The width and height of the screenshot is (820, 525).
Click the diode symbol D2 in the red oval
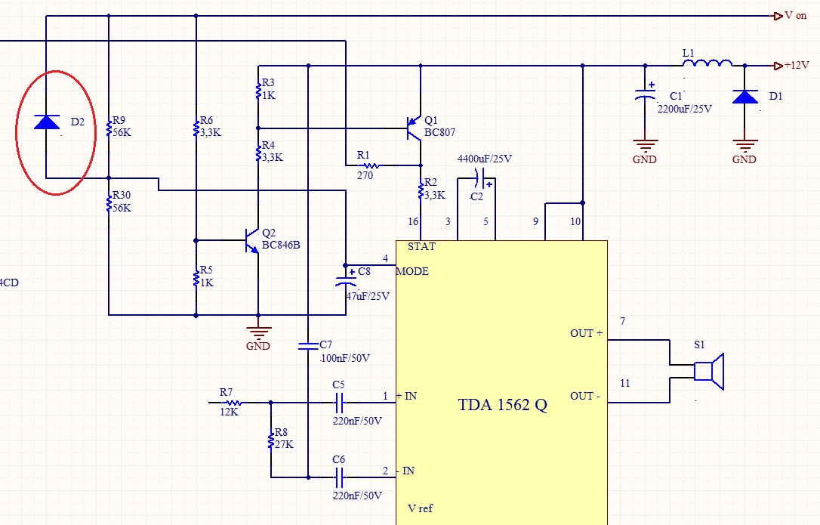point(47,122)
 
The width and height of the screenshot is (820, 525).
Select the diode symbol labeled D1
point(745,97)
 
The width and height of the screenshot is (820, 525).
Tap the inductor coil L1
point(707,63)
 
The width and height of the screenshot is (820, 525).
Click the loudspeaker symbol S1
point(709,372)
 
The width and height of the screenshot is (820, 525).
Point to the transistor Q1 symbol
point(415,128)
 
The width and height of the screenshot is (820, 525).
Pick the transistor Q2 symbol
point(252,241)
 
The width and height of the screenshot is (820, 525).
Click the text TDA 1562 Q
point(503,405)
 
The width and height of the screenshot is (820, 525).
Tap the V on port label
point(795,16)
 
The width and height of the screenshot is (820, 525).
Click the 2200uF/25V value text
point(685,109)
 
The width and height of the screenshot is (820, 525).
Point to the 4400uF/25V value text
point(485,159)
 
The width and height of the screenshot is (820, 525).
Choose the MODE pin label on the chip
point(412,271)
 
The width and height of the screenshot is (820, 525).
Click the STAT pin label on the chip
point(421,246)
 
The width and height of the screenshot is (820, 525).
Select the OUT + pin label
point(586,333)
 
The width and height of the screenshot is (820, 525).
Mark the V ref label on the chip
point(421,508)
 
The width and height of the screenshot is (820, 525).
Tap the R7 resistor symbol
point(233,403)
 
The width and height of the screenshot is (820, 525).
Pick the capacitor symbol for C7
point(308,345)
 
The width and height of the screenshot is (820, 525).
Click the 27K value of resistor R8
point(284,444)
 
